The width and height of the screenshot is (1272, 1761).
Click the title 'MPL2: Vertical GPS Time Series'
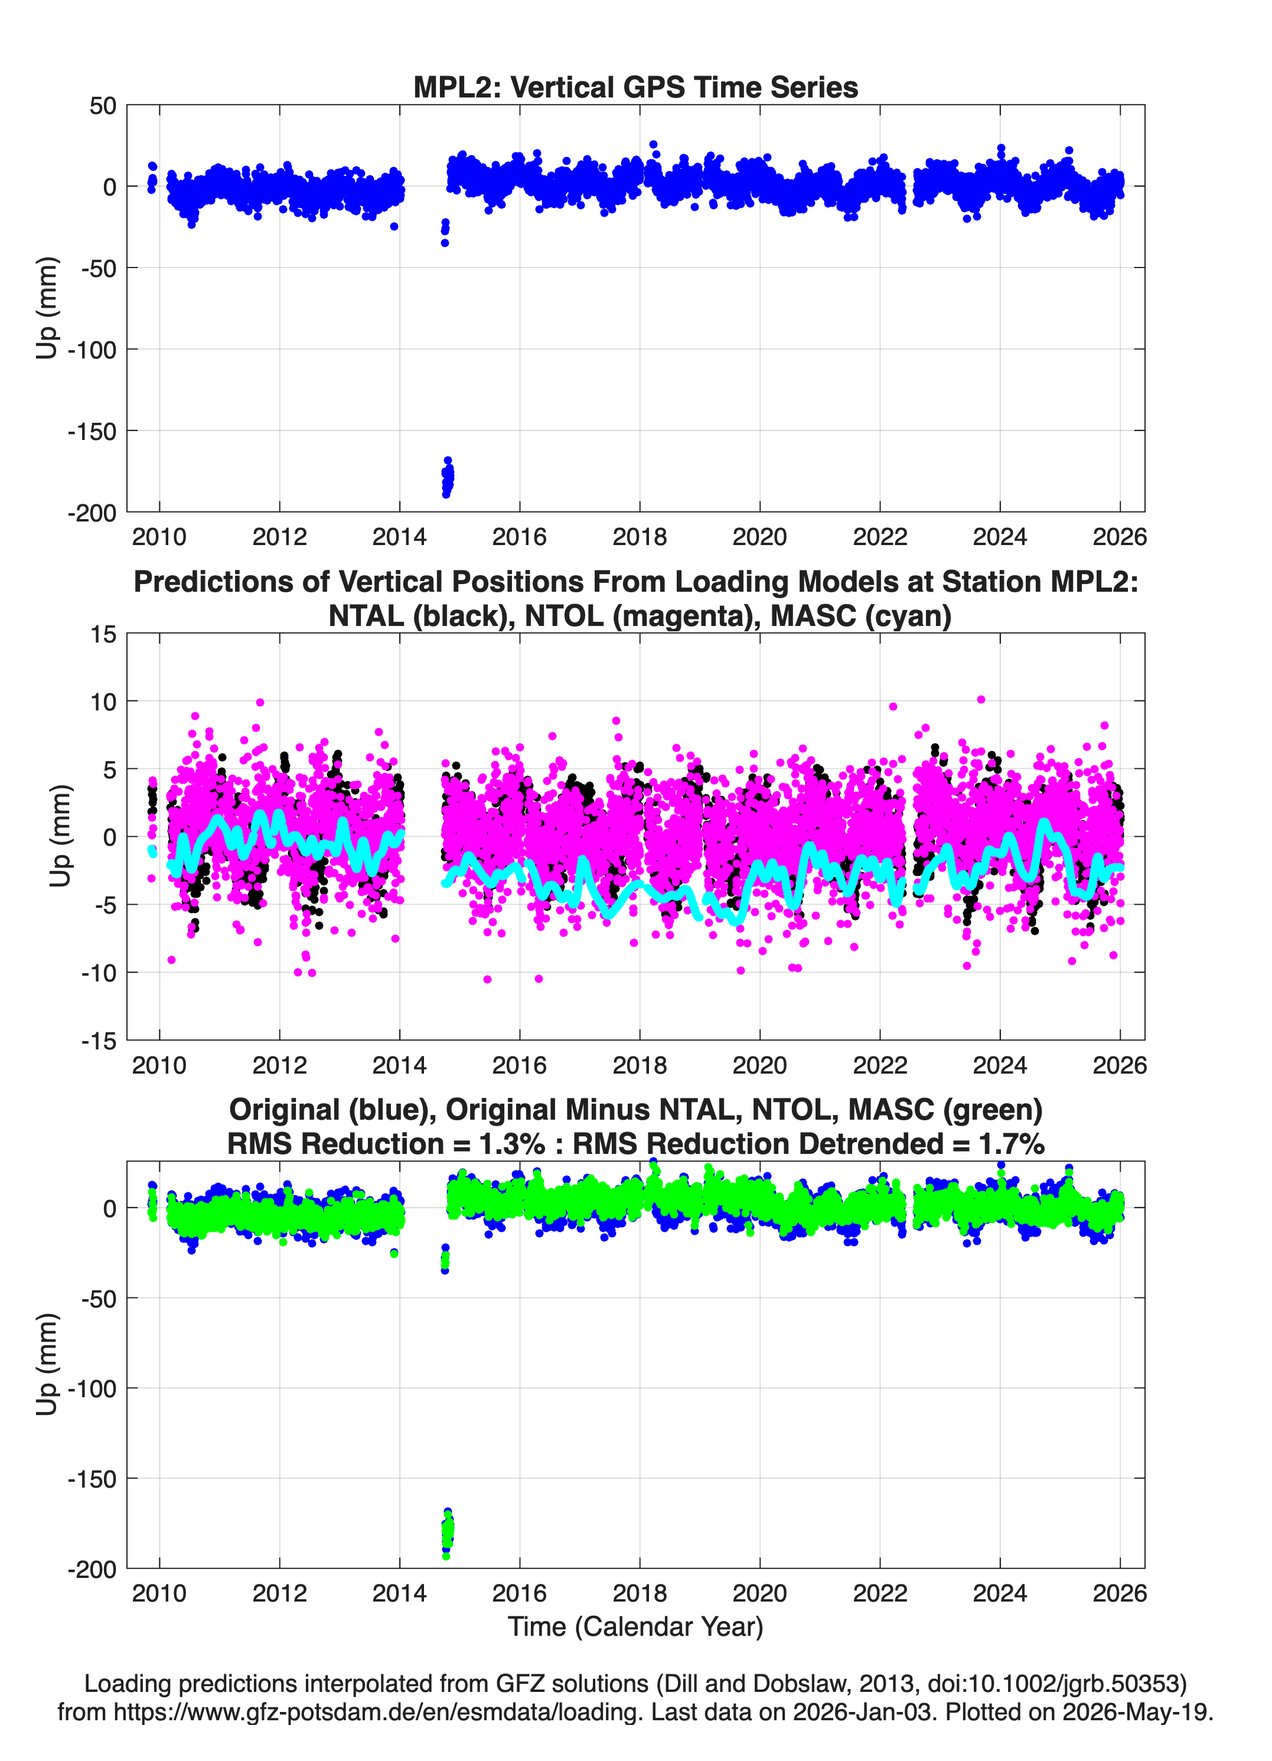(x=635, y=87)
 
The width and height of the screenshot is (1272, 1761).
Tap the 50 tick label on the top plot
(x=103, y=106)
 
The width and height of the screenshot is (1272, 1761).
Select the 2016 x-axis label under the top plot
(x=520, y=537)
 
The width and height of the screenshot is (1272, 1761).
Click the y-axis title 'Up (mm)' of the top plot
(x=47, y=308)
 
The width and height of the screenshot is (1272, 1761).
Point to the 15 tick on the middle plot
(x=103, y=634)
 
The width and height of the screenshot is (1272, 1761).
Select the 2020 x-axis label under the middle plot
(x=759, y=1065)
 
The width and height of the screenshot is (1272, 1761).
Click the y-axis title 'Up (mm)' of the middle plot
(x=60, y=836)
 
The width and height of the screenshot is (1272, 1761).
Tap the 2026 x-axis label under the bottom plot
(x=1120, y=1593)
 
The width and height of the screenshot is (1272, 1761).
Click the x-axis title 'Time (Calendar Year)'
(x=635, y=1627)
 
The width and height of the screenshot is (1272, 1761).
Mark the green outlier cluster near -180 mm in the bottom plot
(x=447, y=1534)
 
